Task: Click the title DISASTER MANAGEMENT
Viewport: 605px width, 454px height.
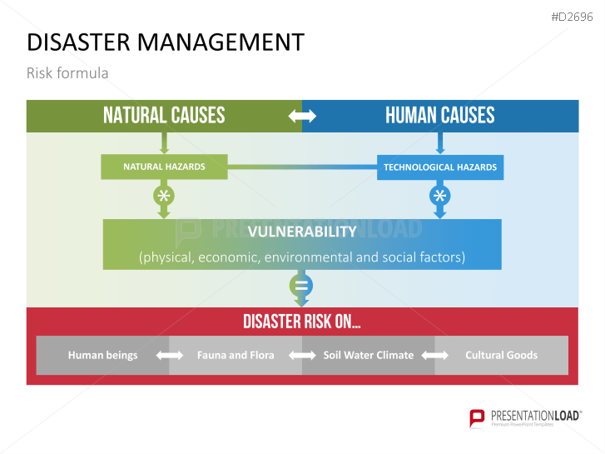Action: [x=166, y=42]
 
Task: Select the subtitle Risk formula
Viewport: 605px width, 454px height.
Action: [x=67, y=73]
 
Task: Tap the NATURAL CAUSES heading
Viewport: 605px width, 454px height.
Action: [x=164, y=116]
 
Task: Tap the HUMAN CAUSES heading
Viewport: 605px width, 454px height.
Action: [x=439, y=116]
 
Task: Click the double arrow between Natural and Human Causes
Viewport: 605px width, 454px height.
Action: [x=302, y=117]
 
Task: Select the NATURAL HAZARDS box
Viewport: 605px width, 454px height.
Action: [x=164, y=167]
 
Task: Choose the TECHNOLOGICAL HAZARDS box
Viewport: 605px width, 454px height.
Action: [x=439, y=167]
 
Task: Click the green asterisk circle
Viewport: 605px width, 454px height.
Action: [x=164, y=197]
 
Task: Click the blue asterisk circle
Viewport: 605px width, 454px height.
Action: [x=439, y=197]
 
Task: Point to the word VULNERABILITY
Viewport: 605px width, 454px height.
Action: [x=302, y=232]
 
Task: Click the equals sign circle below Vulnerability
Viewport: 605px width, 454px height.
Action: [x=302, y=287]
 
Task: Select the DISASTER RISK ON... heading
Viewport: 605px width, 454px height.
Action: [x=302, y=322]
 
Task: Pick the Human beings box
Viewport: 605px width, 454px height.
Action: [x=102, y=355]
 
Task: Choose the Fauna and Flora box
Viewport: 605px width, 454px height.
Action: [x=236, y=355]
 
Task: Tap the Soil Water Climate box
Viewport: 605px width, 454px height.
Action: [x=368, y=355]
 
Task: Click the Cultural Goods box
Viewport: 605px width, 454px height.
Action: [x=501, y=355]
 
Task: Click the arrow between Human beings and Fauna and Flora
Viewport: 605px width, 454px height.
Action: [x=169, y=356]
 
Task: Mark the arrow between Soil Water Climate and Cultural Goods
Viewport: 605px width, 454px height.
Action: [x=435, y=356]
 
